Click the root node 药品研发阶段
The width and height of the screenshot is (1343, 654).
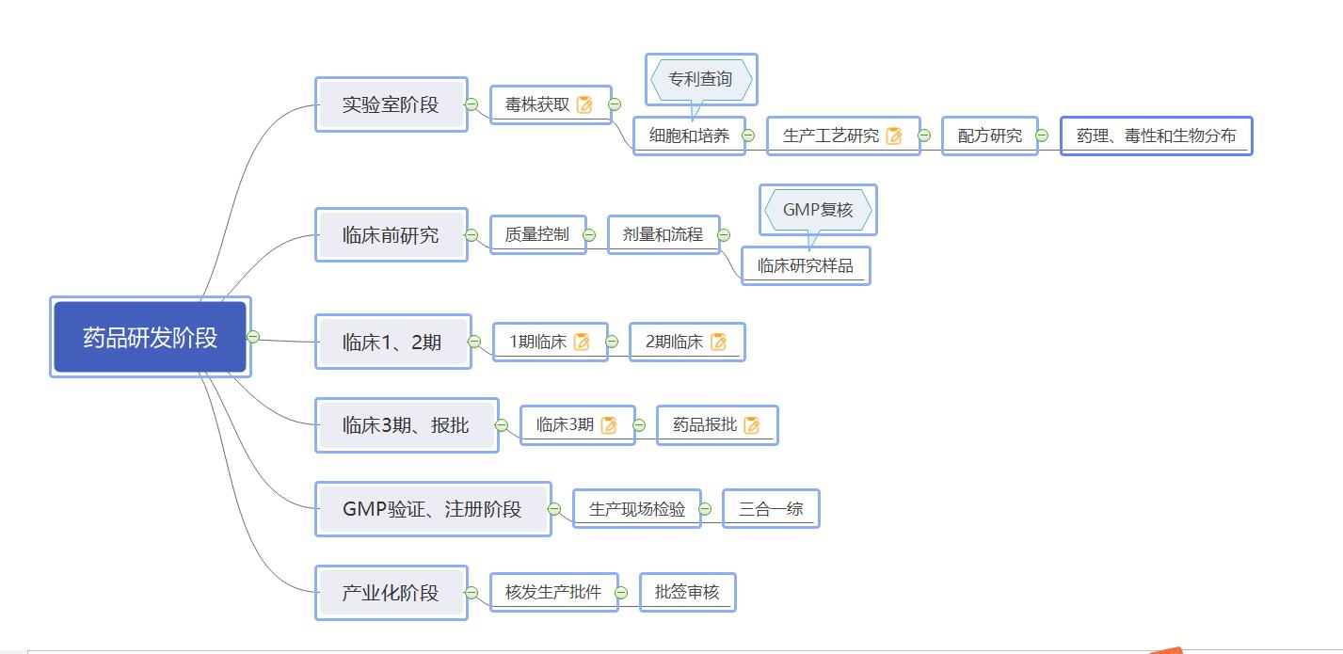coord(151,337)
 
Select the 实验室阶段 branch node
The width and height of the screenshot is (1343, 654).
coord(391,104)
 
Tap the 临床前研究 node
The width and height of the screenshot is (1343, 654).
coord(391,234)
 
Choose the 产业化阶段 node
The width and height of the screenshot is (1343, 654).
coord(391,593)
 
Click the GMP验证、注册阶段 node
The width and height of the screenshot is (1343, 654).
coord(432,509)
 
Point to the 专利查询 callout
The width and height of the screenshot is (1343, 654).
coord(700,80)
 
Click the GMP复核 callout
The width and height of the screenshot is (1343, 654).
coord(818,210)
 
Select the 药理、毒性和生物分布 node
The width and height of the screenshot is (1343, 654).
coord(1156,136)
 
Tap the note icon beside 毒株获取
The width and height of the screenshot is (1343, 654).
coord(584,104)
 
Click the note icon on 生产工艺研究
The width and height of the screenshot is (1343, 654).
coord(894,136)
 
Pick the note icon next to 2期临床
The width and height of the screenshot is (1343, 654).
coord(719,342)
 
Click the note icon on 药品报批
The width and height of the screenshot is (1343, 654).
coord(751,424)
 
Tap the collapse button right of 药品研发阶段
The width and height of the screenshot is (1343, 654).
coord(253,337)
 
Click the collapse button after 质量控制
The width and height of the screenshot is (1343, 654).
coord(589,234)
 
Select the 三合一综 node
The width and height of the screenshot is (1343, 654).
coord(771,509)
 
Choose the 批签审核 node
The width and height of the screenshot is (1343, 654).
coord(687,592)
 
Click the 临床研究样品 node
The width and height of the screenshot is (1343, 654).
coord(806,265)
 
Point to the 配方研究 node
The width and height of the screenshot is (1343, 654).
coord(990,136)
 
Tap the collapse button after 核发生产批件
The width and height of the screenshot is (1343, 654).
coord(621,592)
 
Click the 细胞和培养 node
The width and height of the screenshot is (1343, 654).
coord(689,136)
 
